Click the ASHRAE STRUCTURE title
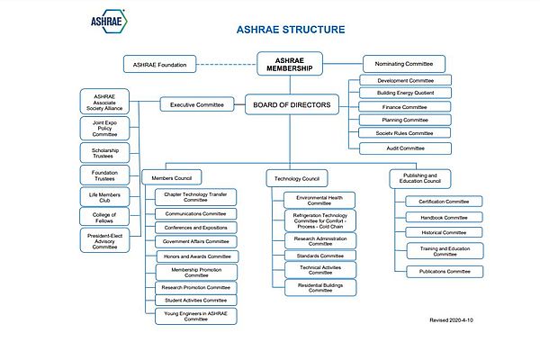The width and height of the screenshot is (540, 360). click(x=289, y=30)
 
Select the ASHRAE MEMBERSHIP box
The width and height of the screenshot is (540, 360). click(x=289, y=65)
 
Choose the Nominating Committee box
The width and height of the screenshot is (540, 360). click(x=404, y=64)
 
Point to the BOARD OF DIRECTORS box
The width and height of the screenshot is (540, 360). click(x=289, y=105)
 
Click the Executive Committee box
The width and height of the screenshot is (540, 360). click(x=196, y=105)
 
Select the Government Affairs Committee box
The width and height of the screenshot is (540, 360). click(x=195, y=241)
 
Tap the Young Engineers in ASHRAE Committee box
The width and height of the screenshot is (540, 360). click(x=195, y=317)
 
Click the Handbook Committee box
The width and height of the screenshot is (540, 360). click(x=438, y=217)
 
